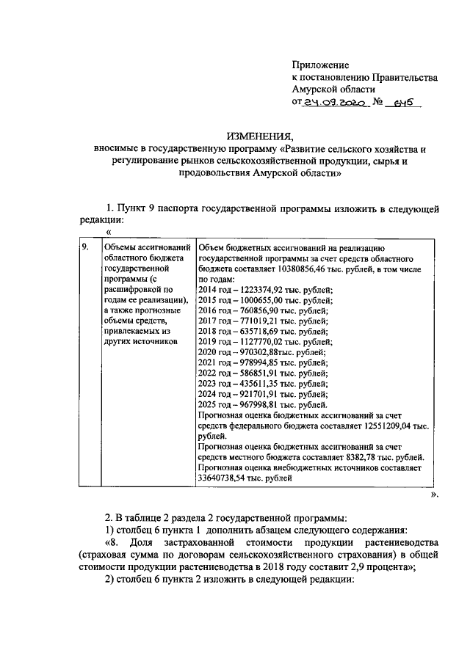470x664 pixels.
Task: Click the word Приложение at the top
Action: [320, 65]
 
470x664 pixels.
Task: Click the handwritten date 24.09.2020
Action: [335, 104]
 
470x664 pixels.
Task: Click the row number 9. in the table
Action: [85, 248]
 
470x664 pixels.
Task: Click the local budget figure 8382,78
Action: [341, 456]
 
